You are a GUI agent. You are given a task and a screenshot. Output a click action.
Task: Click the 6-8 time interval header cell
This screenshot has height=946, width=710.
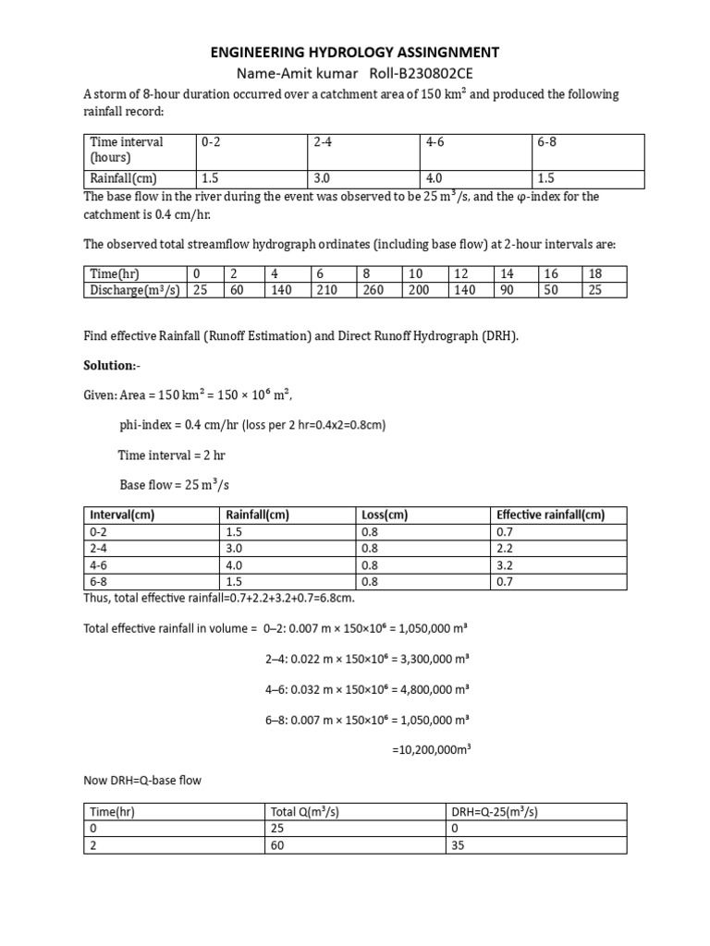(x=547, y=142)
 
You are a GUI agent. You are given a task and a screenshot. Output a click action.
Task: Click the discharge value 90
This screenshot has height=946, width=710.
(x=507, y=289)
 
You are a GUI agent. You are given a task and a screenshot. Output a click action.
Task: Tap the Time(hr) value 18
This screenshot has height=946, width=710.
(x=595, y=273)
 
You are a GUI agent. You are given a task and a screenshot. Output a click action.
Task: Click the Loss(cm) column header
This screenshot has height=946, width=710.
(x=384, y=515)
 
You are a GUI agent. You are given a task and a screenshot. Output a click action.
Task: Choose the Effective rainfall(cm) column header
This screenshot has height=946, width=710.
(x=550, y=515)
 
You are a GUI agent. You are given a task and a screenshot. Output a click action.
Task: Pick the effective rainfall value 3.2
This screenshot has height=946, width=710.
(x=506, y=565)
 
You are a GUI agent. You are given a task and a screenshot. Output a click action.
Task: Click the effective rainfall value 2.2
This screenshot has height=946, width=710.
(x=506, y=549)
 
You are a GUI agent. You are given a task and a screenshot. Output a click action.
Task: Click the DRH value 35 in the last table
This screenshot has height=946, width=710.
(x=459, y=844)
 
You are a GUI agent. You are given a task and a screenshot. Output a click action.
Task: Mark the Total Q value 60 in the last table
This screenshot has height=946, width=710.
(x=277, y=844)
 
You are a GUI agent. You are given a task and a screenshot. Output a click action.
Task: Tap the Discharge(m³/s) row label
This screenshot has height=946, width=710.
(x=135, y=289)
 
